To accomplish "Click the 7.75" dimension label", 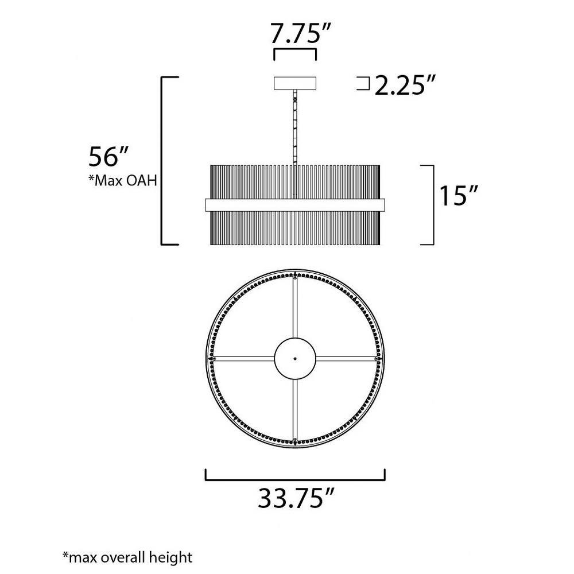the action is point(295,34).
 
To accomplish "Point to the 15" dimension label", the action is point(459,196).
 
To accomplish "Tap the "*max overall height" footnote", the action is point(127,557).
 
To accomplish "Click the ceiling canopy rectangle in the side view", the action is point(295,83).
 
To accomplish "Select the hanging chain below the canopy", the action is point(295,127).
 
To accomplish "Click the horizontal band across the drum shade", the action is point(295,205).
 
